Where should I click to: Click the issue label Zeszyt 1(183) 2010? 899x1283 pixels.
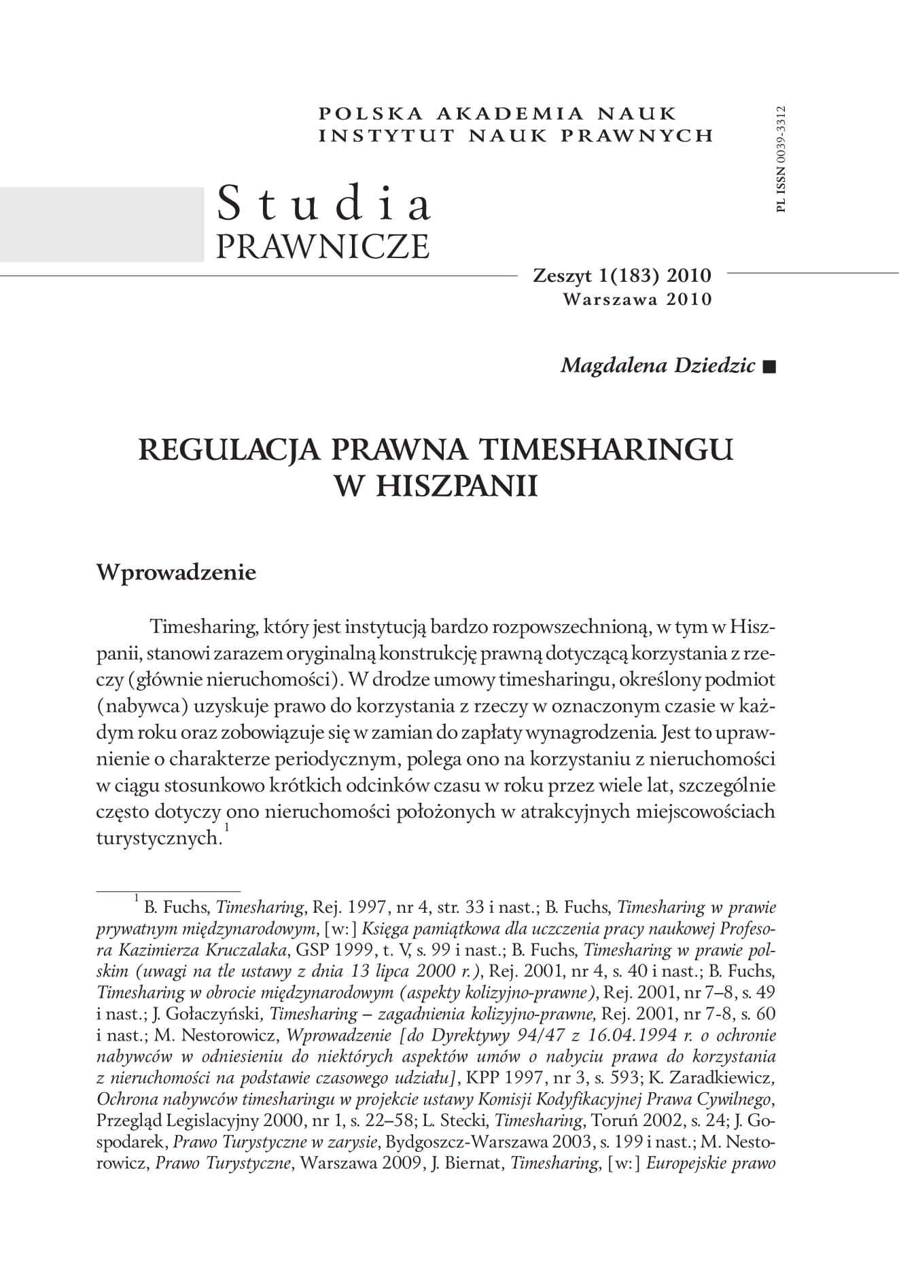pyautogui.click(x=622, y=276)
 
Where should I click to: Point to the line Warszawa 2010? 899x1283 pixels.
pyautogui.click(x=637, y=299)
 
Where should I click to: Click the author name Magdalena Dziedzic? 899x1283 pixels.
pyautogui.click(x=657, y=365)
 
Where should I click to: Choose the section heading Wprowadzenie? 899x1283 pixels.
pyautogui.click(x=176, y=572)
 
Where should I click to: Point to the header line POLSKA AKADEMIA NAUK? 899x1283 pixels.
pyautogui.click(x=497, y=113)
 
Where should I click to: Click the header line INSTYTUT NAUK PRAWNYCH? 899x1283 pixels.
pyautogui.click(x=516, y=135)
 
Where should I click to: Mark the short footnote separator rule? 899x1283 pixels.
pyautogui.click(x=169, y=890)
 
